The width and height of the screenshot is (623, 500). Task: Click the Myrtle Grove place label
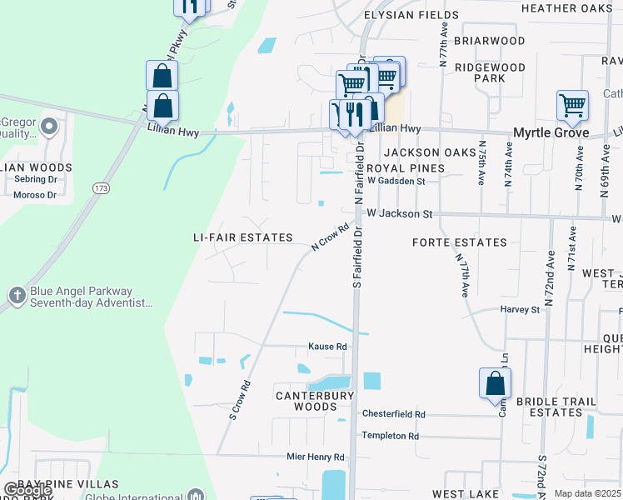(x=551, y=133)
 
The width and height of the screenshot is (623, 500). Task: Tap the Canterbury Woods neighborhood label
(x=316, y=401)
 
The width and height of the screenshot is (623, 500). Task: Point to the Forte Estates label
(x=460, y=242)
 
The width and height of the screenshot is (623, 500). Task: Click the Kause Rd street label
(x=327, y=347)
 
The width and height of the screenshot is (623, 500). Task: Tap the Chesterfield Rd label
(x=393, y=414)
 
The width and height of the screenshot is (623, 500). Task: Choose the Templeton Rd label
(x=390, y=436)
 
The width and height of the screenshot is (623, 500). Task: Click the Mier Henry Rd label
(x=315, y=457)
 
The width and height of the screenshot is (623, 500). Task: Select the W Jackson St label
(x=400, y=214)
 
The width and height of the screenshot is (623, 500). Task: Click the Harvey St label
(x=521, y=309)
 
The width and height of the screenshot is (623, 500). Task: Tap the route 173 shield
(x=102, y=189)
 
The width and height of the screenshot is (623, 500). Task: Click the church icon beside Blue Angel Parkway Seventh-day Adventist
(x=17, y=296)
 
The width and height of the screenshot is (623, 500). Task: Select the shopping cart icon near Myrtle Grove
(x=572, y=106)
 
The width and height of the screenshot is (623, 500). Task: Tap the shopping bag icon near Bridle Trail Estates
(x=495, y=383)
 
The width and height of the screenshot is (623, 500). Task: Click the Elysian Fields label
(x=411, y=15)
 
